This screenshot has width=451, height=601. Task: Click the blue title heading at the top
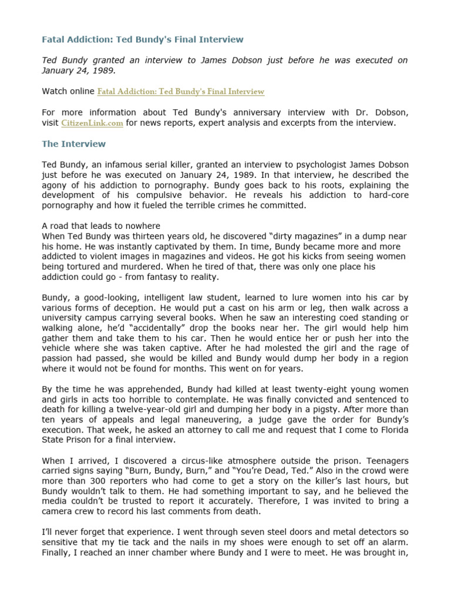click(142, 39)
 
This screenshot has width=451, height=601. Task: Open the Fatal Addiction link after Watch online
click(180, 92)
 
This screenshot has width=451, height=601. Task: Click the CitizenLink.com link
click(92, 123)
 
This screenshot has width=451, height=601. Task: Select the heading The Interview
click(74, 144)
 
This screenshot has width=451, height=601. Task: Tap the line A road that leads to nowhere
click(101, 226)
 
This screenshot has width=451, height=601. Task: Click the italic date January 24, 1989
click(79, 70)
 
